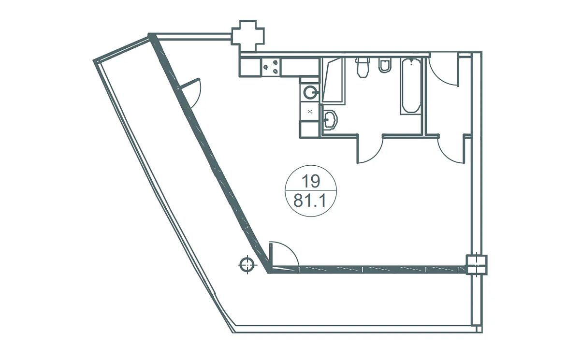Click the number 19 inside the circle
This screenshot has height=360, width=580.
click(311, 181)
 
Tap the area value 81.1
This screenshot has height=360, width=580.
click(310, 201)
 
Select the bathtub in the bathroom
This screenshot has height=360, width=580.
click(411, 86)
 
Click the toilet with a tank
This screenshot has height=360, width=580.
click(362, 67)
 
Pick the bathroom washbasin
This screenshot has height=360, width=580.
click(330, 119)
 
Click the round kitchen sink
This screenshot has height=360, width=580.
click(310, 92)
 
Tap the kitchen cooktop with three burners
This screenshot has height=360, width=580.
click(271, 67)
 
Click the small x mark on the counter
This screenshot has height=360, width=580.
click(310, 112)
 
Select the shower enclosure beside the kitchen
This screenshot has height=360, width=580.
click(333, 81)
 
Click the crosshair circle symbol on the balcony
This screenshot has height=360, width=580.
click(247, 265)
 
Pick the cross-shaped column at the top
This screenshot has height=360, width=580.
click(248, 36)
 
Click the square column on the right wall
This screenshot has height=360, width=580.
click(477, 265)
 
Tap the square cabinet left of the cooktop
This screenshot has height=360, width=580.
click(250, 67)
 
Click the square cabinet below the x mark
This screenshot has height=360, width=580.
click(309, 129)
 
